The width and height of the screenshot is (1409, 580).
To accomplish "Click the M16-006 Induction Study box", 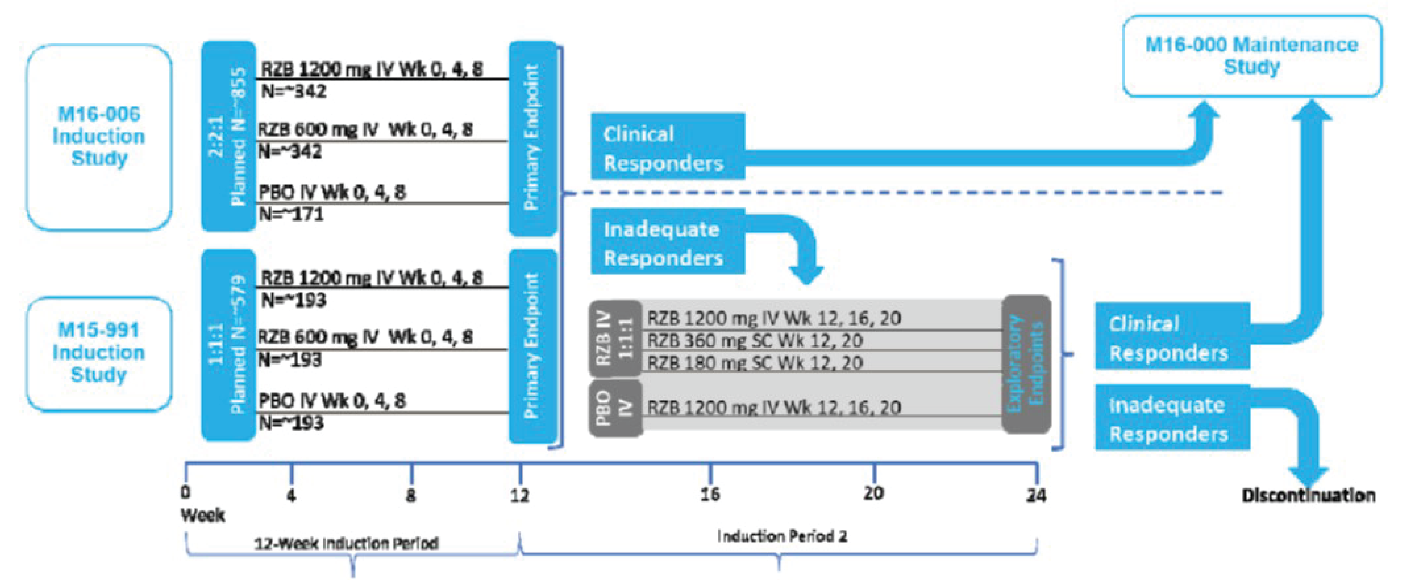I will (98, 137).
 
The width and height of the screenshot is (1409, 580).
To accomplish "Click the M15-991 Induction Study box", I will (98, 353).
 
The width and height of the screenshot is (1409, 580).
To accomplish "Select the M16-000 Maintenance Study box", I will (1252, 56).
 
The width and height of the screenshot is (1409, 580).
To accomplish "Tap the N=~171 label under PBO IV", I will (291, 214).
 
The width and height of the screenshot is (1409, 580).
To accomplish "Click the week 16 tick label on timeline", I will (710, 495).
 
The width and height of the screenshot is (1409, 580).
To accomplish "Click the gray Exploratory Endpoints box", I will (1026, 364).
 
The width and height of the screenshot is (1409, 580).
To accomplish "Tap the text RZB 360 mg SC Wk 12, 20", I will (755, 341).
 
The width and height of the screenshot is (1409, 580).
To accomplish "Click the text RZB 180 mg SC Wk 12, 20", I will (755, 363).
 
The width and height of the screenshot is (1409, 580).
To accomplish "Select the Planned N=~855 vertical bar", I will (229, 137).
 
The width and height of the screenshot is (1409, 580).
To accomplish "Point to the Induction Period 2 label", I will (782, 536).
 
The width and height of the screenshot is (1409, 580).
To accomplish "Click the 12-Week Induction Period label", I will (347, 543).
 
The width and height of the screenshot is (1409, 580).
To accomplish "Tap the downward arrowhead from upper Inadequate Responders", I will (806, 274).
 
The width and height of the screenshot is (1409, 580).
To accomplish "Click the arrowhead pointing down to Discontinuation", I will (1308, 476).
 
